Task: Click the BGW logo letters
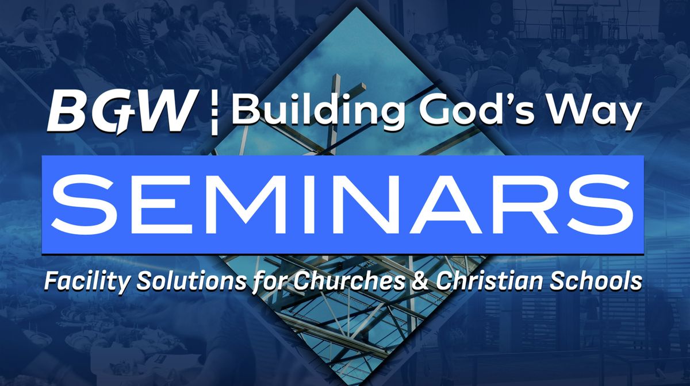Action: pyautogui.click(x=121, y=111)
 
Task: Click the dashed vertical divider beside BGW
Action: pyautogui.click(x=214, y=112)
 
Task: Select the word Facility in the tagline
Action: pyautogui.click(x=85, y=281)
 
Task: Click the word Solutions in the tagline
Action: pyautogui.click(x=191, y=280)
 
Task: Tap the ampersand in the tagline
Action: pyautogui.click(x=421, y=281)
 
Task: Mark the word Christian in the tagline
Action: pyautogui.click(x=489, y=280)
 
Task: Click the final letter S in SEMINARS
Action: pyautogui.click(x=601, y=204)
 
